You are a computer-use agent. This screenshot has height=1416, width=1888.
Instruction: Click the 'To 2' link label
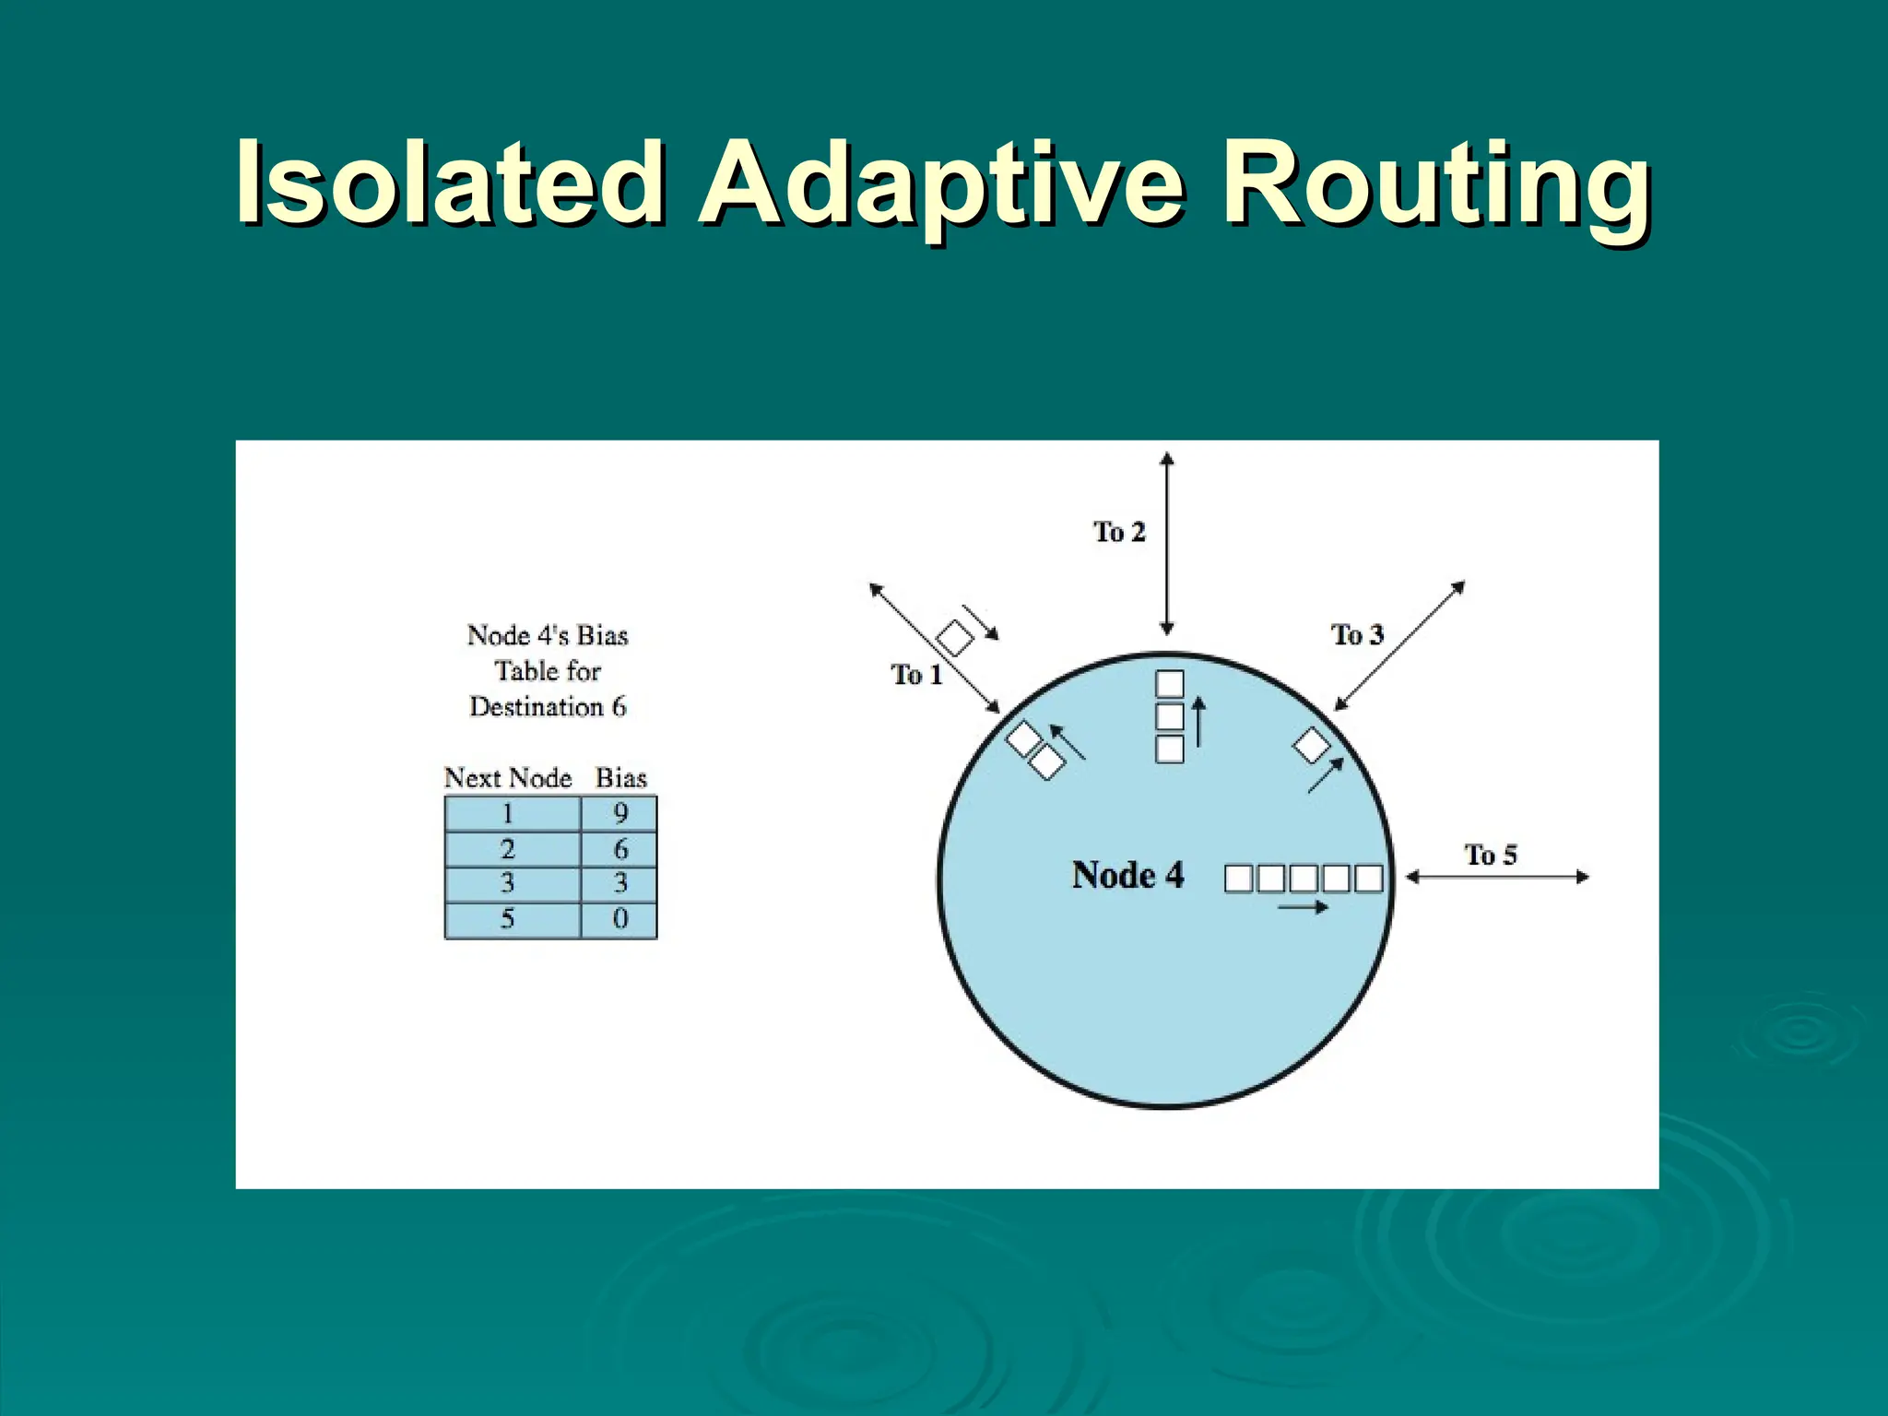[1119, 532]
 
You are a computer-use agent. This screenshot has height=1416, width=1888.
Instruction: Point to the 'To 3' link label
[1357, 634]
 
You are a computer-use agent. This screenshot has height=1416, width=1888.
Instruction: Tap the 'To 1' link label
[916, 675]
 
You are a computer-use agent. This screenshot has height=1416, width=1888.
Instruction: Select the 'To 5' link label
[1491, 855]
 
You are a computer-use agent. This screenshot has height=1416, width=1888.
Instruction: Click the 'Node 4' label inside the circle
[1127, 875]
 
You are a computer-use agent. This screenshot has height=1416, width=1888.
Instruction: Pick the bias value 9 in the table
[620, 813]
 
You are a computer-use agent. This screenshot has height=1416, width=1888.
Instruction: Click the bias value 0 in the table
[620, 918]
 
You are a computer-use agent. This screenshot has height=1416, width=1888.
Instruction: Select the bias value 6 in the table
[620, 849]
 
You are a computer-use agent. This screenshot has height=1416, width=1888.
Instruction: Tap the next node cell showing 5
[507, 918]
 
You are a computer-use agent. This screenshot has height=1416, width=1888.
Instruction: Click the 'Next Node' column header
[508, 778]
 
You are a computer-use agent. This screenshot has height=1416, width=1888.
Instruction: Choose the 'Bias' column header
[621, 778]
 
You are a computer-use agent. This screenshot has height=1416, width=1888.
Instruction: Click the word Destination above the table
[536, 707]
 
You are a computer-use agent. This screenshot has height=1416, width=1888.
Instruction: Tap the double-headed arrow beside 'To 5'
[1497, 877]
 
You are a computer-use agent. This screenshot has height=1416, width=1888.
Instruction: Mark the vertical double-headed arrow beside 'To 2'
[1167, 544]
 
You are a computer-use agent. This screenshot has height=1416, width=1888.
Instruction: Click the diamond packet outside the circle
[955, 638]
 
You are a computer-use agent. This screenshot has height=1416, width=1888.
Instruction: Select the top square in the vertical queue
[1169, 684]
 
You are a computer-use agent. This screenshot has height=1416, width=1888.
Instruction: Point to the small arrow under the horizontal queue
[1303, 908]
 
